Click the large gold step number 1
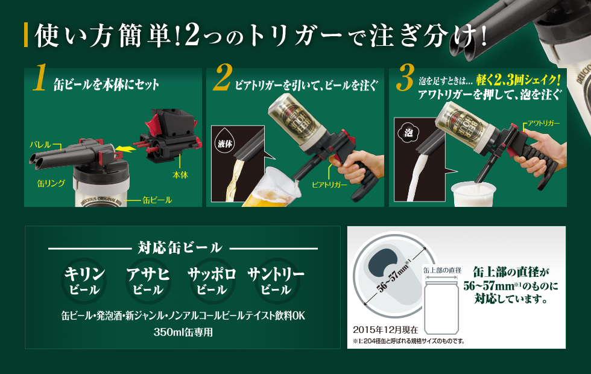(40, 77)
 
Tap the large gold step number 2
(223, 77)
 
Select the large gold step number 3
(405, 77)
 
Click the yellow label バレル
(40, 144)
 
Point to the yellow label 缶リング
(51, 183)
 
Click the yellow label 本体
(180, 175)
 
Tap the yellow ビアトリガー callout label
(329, 185)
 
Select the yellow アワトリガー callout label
(543, 123)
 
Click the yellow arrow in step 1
(125, 148)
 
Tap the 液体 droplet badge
(225, 144)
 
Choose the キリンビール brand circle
(84, 281)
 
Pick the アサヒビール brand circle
(148, 281)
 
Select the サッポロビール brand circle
(212, 281)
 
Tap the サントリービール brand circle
(276, 281)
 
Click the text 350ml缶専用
(183, 332)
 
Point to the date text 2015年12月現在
(385, 330)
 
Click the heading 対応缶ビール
(180, 248)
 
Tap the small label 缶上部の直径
(442, 270)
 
